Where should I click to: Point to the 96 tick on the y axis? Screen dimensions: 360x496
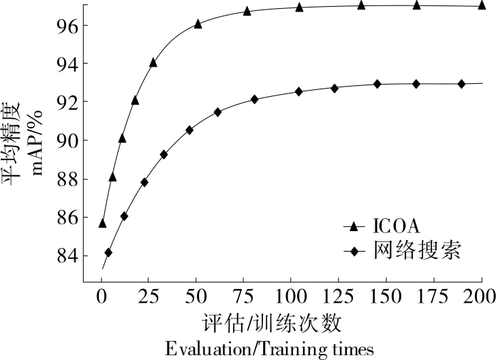(67, 25)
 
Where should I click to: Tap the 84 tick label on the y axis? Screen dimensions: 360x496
(67, 256)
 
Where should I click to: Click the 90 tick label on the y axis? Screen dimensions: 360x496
(67, 140)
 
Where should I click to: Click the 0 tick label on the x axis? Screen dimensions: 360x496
(102, 297)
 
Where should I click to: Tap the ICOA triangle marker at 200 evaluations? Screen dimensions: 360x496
(482, 5)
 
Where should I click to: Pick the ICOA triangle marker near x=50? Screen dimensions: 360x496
(198, 24)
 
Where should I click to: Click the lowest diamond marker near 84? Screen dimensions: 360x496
(108, 252)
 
